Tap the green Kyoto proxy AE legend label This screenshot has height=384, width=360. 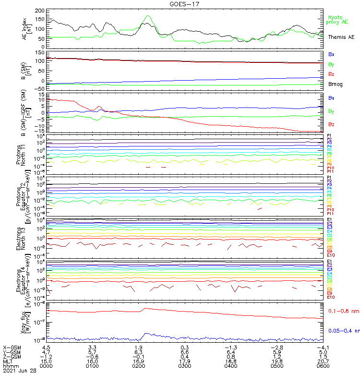pyautogui.click(x=337, y=19)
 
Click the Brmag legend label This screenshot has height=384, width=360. pyautogui.click(x=335, y=84)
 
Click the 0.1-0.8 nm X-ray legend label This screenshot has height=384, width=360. pyautogui.click(x=343, y=312)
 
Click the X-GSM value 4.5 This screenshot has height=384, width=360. pyautogui.click(x=47, y=347)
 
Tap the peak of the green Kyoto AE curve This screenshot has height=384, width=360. pyautogui.click(x=147, y=15)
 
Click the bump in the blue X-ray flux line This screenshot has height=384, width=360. pyautogui.click(x=146, y=334)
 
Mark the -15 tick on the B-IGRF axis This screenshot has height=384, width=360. pyautogui.click(x=41, y=131)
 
